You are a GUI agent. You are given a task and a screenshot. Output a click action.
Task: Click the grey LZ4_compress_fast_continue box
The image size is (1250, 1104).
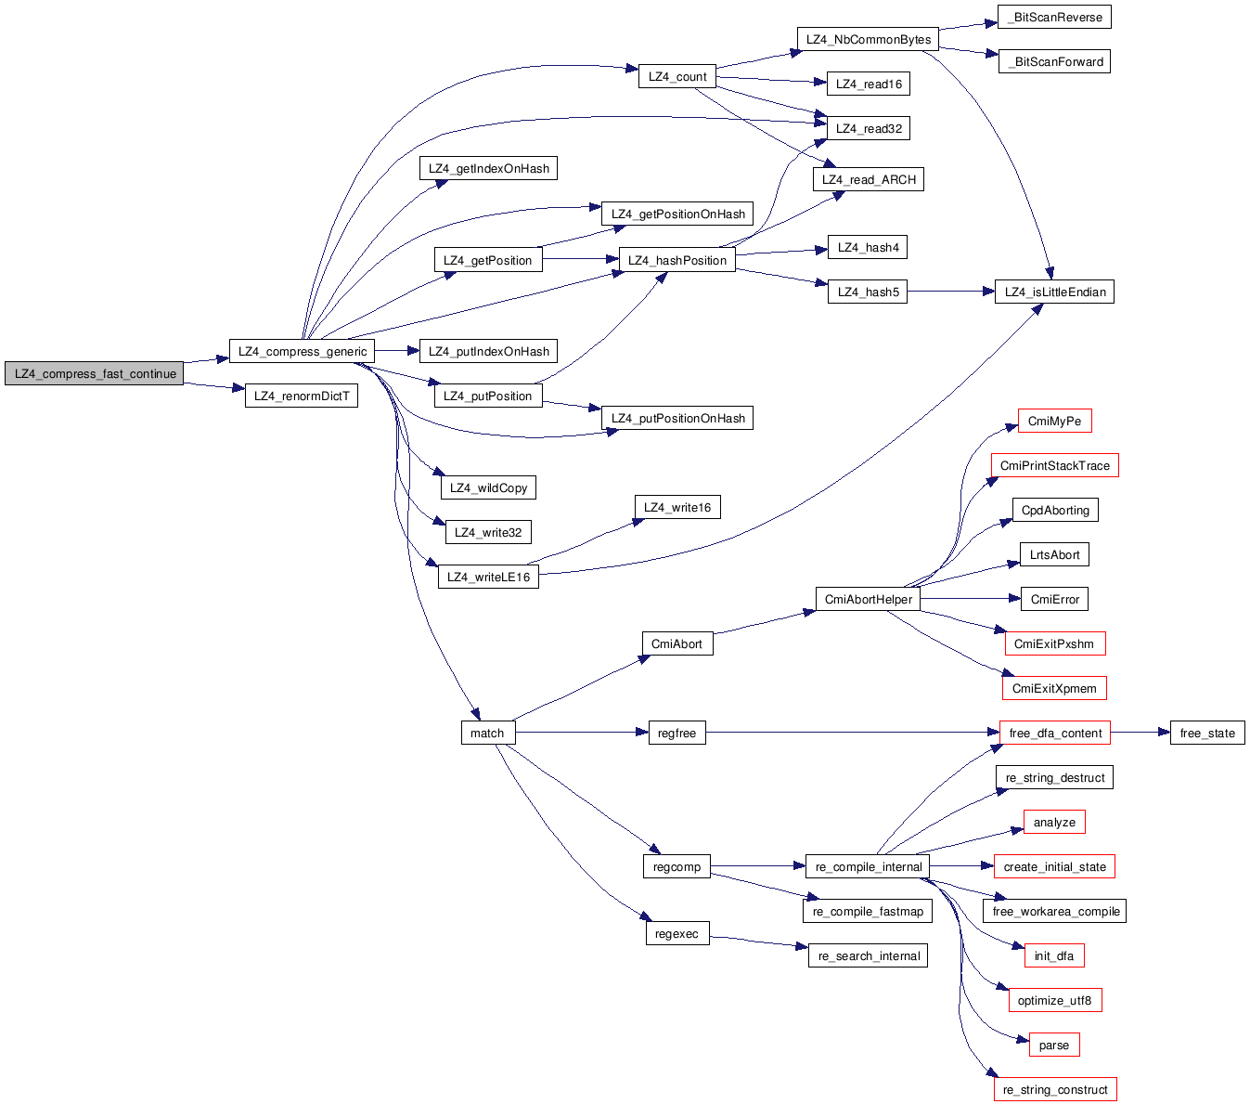94,373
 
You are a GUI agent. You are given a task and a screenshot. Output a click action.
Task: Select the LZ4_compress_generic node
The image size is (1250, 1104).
302,351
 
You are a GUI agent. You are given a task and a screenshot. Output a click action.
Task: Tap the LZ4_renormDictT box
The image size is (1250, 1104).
302,396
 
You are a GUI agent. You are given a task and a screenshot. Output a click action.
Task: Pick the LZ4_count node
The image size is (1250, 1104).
677,76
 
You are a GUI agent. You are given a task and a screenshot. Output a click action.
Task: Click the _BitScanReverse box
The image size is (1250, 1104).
1054,17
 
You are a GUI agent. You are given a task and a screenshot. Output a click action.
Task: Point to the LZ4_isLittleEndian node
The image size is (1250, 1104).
1054,292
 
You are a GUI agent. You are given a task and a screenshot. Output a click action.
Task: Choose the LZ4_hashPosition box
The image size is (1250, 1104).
677,260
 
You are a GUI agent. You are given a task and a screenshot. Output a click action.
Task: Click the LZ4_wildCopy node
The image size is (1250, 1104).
488,487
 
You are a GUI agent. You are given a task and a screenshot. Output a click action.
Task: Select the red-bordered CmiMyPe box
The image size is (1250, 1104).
1054,421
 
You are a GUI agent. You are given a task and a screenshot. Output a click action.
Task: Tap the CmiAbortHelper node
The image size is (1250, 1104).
868,599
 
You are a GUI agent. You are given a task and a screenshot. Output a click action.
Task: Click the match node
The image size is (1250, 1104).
487,733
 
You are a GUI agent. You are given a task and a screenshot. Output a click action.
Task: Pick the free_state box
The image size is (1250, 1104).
1206,733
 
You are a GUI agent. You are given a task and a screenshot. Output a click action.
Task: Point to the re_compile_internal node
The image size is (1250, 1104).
868,866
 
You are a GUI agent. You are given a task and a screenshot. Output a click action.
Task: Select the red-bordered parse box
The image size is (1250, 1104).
1053,1045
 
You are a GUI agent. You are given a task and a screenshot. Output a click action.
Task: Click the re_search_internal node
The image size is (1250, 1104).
868,955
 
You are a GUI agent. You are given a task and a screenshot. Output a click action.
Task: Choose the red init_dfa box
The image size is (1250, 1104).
1053,955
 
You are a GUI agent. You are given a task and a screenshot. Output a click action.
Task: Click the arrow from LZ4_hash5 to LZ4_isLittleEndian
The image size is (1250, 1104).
950,292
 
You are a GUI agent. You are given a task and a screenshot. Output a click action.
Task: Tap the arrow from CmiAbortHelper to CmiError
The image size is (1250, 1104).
970,599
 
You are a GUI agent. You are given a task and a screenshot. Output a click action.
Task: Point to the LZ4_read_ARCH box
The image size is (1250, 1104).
868,179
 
